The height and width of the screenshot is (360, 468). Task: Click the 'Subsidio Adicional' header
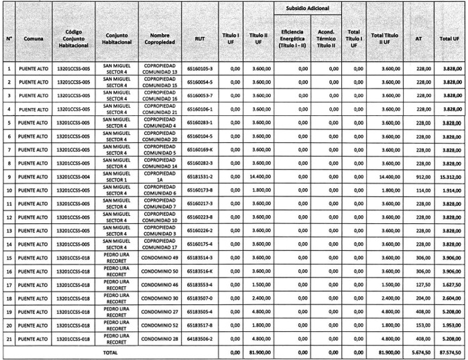(307, 8)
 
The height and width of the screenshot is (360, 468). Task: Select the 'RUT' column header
(200, 39)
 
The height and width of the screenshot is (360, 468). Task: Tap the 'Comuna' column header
(34, 39)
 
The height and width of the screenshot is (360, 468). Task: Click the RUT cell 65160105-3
(200, 68)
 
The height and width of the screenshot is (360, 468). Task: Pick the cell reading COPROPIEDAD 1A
(160, 177)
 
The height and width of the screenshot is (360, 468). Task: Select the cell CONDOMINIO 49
(160, 258)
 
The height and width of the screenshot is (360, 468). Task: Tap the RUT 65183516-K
(200, 272)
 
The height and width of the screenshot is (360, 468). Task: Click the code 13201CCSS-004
(74, 177)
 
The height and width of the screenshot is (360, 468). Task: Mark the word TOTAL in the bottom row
(108, 352)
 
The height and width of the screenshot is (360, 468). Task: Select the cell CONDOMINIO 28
(160, 339)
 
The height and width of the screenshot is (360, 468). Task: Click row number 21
(9, 339)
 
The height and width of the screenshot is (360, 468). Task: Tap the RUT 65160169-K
(200, 149)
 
